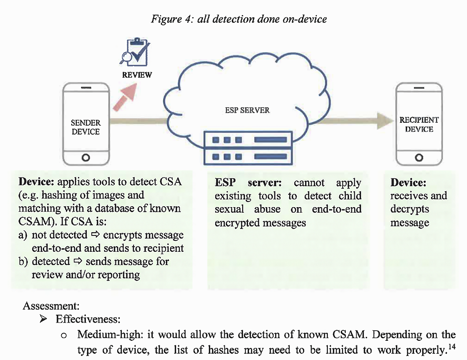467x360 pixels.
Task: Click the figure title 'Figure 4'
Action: tap(171, 19)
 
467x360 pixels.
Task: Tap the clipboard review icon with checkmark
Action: tap(137, 54)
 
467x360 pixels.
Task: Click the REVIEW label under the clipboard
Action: tap(137, 75)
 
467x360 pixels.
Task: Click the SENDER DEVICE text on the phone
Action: tap(86, 127)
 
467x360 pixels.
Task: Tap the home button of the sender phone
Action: tap(86, 158)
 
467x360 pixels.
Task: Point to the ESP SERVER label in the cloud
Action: tap(248, 110)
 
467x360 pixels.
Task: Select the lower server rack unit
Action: tap(248, 157)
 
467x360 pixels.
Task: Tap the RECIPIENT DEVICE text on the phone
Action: tap(419, 125)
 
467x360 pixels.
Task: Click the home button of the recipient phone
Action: tap(419, 158)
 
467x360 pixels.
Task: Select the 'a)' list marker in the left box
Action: tap(23, 235)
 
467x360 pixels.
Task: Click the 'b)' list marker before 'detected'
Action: tap(23, 262)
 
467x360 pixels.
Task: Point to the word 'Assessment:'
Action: tap(48, 306)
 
